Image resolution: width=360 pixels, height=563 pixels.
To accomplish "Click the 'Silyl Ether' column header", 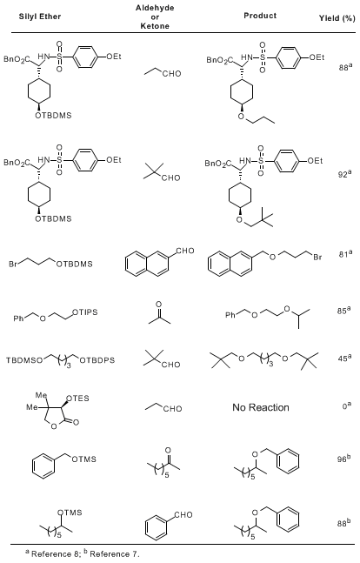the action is pos(40,17).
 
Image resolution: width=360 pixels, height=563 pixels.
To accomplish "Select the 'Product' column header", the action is pos(260,16).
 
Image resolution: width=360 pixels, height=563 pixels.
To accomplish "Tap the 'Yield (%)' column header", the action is pos(337,18).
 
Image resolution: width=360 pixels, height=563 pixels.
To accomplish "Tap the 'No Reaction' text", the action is pos(261,407).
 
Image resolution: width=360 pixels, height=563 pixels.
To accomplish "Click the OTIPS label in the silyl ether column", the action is pos(85,312).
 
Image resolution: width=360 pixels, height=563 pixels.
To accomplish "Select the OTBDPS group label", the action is pos(97,360).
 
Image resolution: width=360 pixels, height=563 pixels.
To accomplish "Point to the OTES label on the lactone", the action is pos(78,399).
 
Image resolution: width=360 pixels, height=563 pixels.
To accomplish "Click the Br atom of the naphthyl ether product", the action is pos(317,257).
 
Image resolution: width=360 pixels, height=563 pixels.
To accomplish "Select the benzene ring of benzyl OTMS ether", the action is pos(43,466).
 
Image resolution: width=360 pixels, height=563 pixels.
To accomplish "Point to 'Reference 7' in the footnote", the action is pos(113,554).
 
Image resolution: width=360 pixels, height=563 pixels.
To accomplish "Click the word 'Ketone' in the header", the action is pos(155,26).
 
